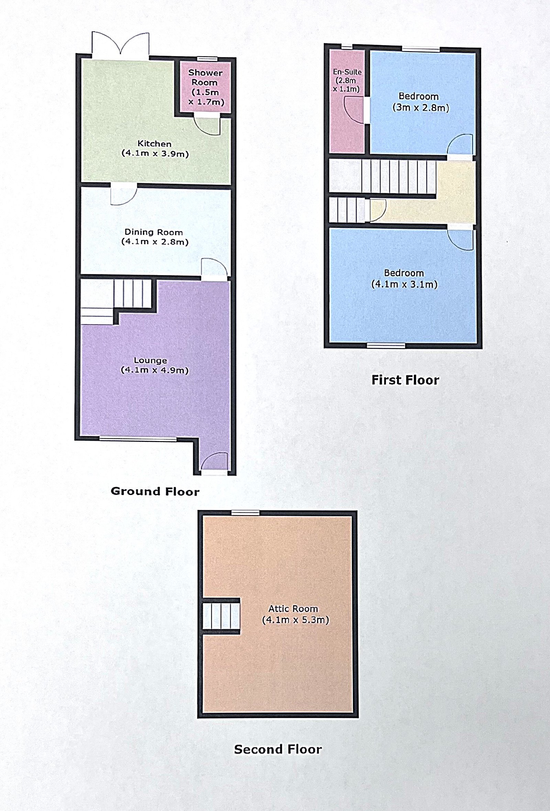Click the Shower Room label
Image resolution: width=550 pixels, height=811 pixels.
[205, 77]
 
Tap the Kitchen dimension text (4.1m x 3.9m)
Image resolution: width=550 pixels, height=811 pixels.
[155, 154]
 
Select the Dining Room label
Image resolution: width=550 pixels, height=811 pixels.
[154, 232]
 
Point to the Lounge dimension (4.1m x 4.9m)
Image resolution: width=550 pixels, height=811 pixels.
[155, 370]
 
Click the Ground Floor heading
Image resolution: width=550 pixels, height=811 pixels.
[155, 491]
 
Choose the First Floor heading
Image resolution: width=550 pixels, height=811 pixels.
[405, 380]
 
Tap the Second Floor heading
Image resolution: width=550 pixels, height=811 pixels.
[278, 749]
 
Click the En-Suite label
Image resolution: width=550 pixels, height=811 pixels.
[347, 72]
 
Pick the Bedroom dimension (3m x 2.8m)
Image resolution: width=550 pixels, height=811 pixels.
[421, 108]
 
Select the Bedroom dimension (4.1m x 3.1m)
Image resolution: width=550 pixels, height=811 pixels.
[404, 284]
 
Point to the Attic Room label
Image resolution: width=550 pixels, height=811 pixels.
[293, 609]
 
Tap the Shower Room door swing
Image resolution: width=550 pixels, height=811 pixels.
[207, 124]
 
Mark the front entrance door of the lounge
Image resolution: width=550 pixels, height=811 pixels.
[214, 463]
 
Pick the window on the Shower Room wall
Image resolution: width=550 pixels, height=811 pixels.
[205, 59]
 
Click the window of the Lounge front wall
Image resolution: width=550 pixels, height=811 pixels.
[138, 439]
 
